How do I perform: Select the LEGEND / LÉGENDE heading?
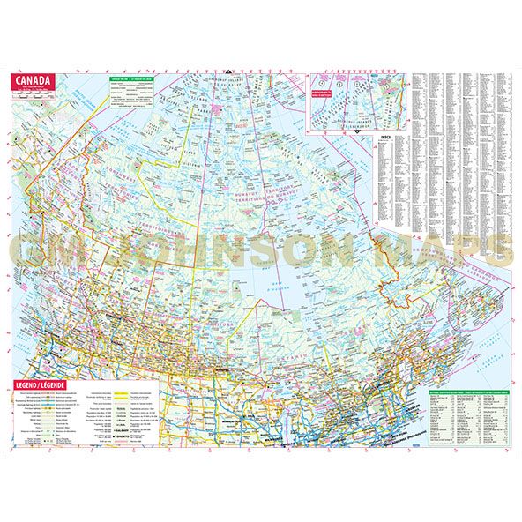pyautogui.click(x=43, y=386)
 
